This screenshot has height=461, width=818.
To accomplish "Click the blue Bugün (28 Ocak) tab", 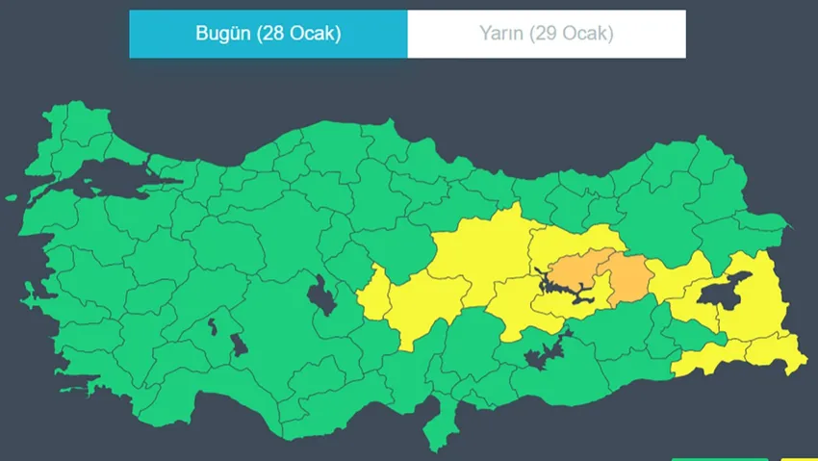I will (x=268, y=35).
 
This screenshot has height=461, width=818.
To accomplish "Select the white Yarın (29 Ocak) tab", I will (x=546, y=35).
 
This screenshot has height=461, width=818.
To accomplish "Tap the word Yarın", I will (x=500, y=35).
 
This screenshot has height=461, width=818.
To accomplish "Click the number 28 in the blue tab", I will (x=277, y=35).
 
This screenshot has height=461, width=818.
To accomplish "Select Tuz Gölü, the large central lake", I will (x=321, y=295).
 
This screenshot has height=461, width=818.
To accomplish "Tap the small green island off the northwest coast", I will (x=13, y=197).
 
